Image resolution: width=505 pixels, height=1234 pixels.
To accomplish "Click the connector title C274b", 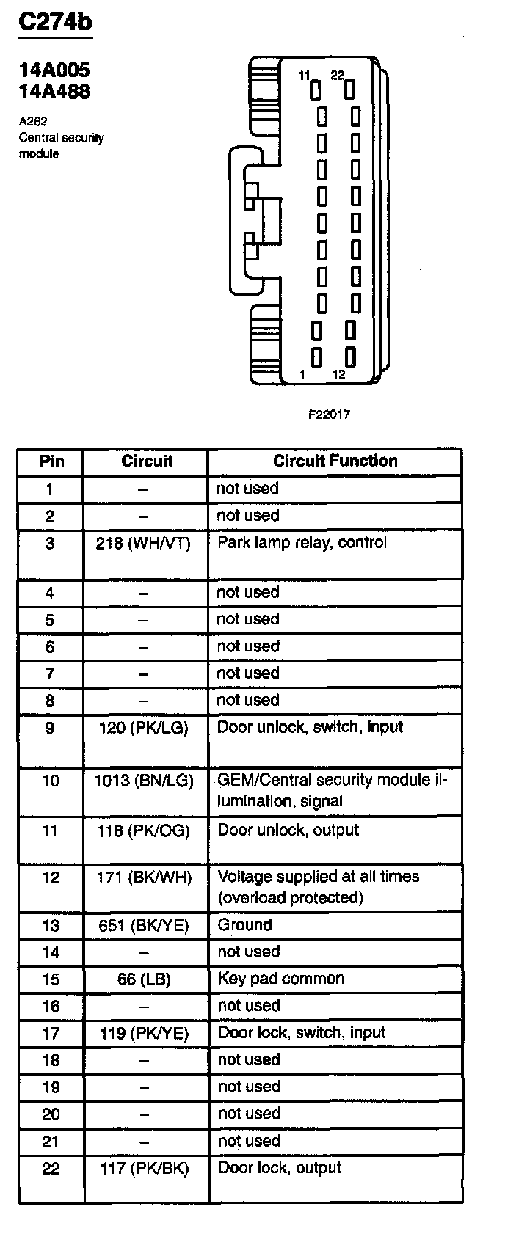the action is (55, 22).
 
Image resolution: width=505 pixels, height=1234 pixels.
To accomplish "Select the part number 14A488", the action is (54, 92).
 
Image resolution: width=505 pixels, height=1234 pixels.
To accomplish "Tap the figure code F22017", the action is (329, 415).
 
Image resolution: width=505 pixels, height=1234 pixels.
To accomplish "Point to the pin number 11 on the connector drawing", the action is (305, 76).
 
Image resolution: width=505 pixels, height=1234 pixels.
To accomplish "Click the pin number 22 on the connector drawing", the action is (337, 76).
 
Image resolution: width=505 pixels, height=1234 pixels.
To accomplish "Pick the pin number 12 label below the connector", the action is (338, 375).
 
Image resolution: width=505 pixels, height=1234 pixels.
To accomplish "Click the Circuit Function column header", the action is (335, 461).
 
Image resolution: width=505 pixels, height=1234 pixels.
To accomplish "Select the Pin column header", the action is (51, 461).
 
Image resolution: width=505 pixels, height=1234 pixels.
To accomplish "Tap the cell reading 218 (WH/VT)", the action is (143, 544).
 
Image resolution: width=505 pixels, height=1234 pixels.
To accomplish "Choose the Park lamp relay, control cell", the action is (302, 543).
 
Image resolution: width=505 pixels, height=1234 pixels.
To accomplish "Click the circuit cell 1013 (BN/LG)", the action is (144, 781).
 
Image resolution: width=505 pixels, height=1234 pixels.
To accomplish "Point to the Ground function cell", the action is (244, 925).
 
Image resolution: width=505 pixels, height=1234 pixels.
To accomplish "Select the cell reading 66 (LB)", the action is (144, 979).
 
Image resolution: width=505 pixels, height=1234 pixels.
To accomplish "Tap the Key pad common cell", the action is (280, 979).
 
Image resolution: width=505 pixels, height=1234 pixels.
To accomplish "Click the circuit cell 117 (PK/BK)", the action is (145, 1169).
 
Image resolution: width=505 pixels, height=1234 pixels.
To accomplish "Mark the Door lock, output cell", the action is (280, 1168).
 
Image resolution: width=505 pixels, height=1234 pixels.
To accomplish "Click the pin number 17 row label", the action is (51, 1034).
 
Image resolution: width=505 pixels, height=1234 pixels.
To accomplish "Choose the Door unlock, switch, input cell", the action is (310, 728).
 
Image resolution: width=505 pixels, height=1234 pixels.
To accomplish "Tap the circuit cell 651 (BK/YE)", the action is (144, 926).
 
